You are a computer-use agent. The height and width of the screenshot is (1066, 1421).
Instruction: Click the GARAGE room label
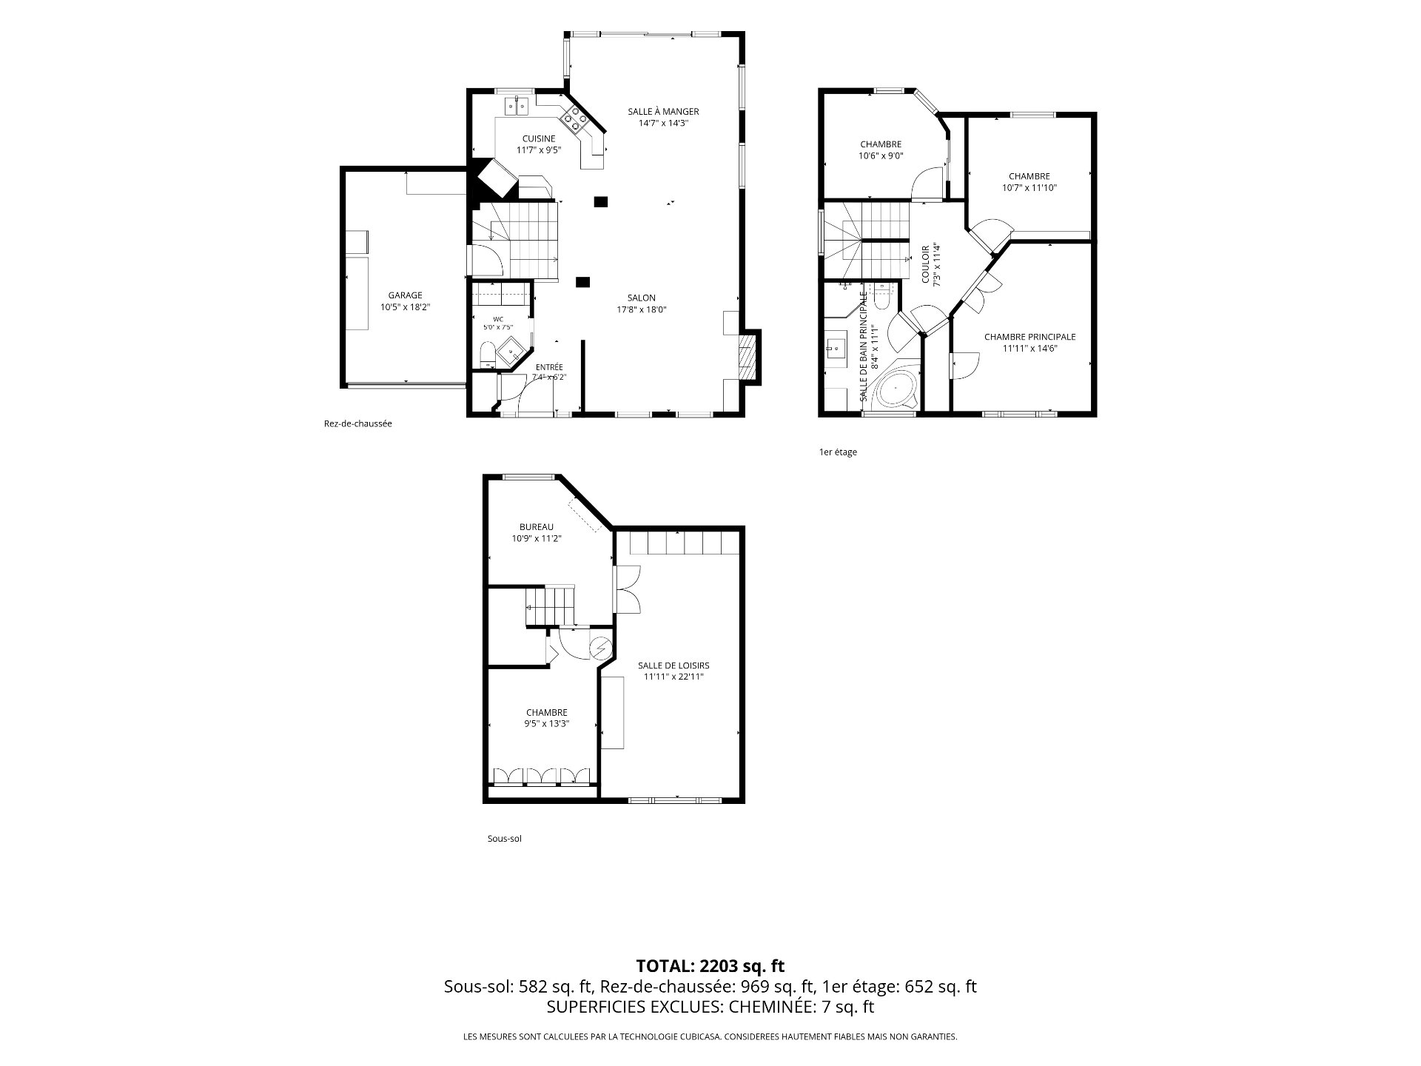pos(405,295)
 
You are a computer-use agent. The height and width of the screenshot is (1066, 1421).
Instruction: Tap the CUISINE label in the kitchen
pos(539,138)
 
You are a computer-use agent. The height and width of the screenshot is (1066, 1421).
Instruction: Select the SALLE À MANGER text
pos(663,112)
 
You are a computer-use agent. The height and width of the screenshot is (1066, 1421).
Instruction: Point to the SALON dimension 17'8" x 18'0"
pos(642,310)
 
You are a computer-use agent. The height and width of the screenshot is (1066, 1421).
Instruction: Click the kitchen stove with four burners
pos(574,116)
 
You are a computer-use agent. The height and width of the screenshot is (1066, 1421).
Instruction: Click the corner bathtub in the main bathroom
pos(896,388)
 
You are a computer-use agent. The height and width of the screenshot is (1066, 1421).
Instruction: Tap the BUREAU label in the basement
pos(537,527)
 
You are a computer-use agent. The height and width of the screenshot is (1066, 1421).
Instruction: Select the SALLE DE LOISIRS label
pos(673,666)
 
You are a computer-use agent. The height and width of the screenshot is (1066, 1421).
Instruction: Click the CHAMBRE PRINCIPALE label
pos(1029,337)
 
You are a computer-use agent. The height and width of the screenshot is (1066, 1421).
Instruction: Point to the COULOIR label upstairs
pos(925,264)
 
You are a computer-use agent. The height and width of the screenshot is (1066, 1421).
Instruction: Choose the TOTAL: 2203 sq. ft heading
pos(710,966)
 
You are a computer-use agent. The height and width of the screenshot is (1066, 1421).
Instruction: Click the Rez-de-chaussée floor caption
pos(357,424)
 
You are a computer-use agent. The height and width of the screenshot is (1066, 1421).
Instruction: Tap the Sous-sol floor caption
pos(504,839)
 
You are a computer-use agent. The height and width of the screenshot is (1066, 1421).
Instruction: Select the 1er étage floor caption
pos(838,452)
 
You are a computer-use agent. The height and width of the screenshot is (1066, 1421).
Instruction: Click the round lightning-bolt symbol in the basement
pos(600,648)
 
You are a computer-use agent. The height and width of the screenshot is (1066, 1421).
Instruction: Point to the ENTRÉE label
pos(549,367)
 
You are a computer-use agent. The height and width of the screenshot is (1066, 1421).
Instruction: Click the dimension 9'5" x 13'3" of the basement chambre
pos(547,724)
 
